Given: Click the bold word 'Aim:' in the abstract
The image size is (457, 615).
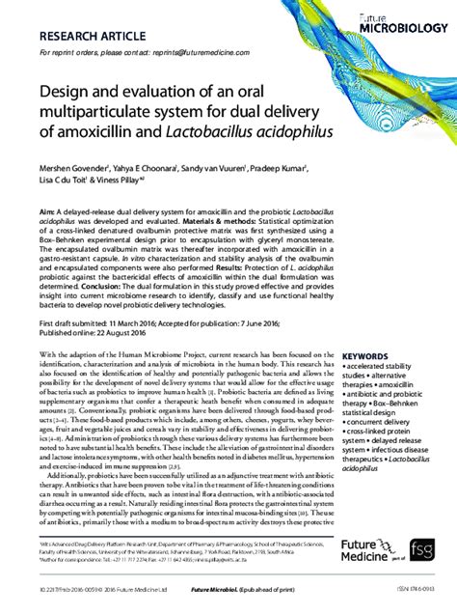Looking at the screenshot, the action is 47,210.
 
